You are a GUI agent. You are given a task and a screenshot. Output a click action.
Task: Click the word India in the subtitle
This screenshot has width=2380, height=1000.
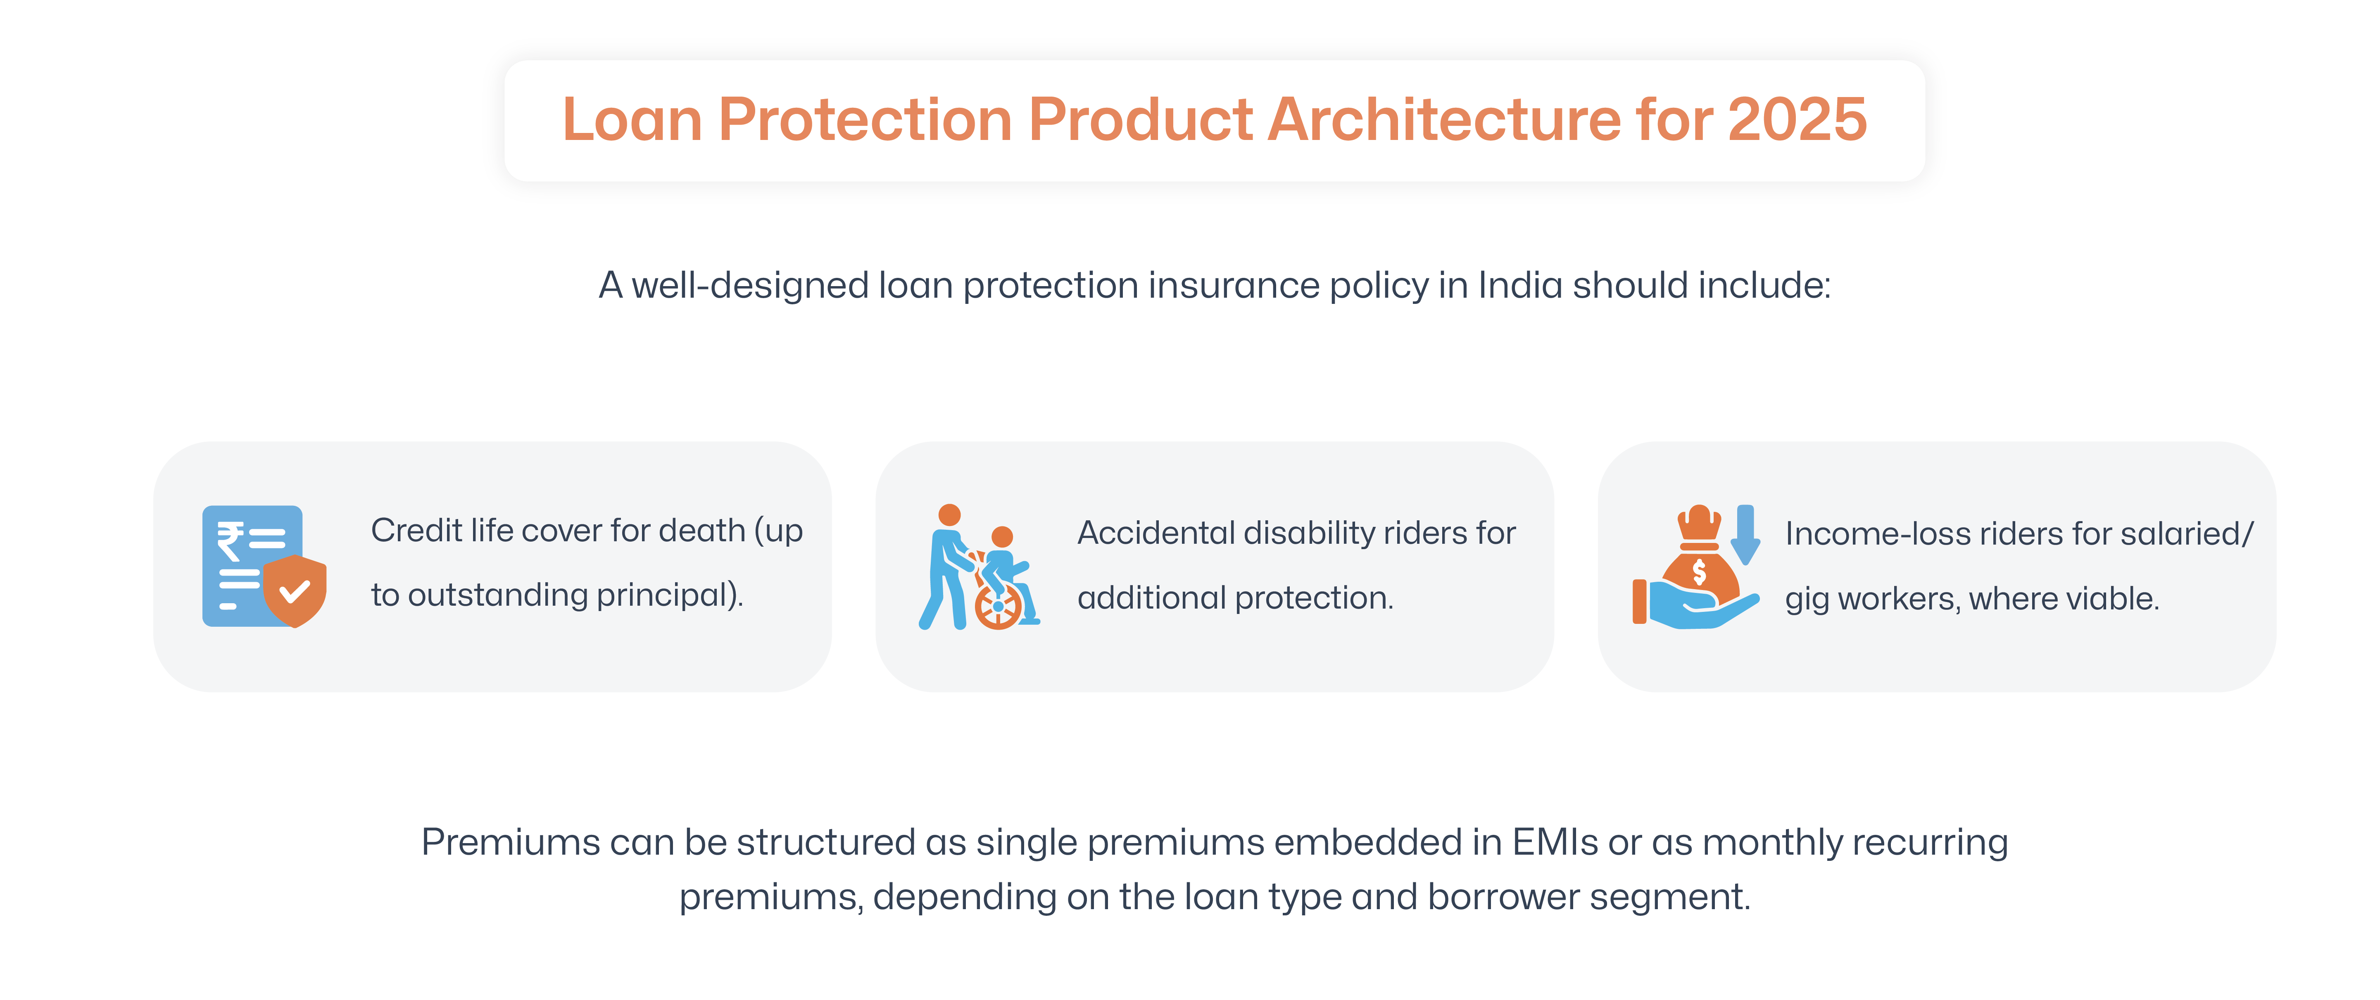click(x=1520, y=285)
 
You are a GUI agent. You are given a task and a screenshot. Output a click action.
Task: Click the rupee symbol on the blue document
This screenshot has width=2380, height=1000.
click(x=230, y=540)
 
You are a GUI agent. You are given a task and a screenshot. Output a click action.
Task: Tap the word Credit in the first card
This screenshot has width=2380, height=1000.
click(x=416, y=531)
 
